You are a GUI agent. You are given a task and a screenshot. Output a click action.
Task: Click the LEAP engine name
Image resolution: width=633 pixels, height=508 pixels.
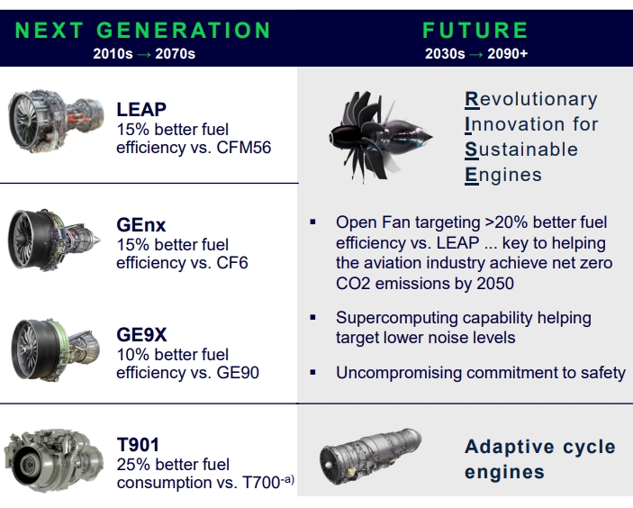click(141, 109)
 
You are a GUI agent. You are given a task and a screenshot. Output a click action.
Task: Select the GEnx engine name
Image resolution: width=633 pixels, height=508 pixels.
click(140, 225)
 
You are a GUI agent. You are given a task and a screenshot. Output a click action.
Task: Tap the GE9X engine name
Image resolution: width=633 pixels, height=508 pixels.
click(141, 335)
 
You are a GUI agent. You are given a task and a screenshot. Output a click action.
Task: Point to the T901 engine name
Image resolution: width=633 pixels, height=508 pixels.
click(138, 445)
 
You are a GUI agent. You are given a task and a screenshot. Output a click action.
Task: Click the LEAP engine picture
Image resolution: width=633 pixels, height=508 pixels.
click(56, 121)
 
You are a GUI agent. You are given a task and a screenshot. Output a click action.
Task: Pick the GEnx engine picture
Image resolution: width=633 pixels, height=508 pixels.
click(54, 240)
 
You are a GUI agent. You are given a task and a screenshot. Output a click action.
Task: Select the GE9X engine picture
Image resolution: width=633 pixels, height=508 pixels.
click(55, 349)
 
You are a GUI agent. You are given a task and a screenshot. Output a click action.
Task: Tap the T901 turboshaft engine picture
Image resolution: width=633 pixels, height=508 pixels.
click(53, 460)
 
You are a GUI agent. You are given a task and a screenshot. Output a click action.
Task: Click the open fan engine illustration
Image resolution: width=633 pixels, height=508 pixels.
click(380, 137)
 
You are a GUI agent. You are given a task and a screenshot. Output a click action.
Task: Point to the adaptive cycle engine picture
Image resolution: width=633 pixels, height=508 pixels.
click(370, 457)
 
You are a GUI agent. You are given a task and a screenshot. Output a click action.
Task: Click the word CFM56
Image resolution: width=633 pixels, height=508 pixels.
click(243, 148)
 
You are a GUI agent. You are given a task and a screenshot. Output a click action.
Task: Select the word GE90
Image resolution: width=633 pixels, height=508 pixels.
click(238, 373)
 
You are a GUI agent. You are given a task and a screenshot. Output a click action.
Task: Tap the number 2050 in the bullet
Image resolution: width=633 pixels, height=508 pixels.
click(495, 284)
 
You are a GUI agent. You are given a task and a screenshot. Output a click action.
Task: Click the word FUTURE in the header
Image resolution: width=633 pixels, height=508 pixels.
click(475, 31)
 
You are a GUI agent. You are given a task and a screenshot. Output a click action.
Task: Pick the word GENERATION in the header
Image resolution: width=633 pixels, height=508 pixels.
click(184, 31)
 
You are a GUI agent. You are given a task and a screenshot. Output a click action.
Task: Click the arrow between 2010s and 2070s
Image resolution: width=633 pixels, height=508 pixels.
click(144, 54)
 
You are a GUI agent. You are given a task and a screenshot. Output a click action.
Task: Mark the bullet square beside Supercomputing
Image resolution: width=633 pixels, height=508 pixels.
click(312, 317)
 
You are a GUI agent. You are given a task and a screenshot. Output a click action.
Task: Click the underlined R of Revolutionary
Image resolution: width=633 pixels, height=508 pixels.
click(472, 100)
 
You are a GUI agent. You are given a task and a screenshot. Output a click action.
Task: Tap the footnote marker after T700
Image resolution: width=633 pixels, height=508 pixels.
click(287, 480)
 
